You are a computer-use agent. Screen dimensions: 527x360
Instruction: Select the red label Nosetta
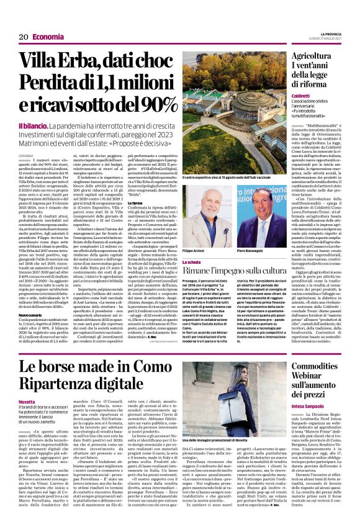pyautogui.click(x=28, y=402)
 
